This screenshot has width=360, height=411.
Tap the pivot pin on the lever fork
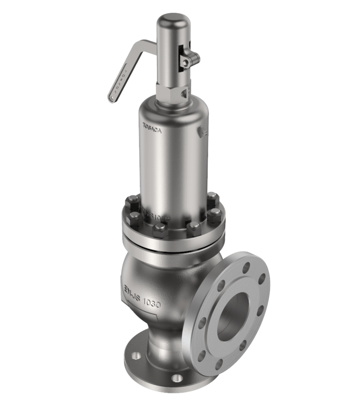(185, 61)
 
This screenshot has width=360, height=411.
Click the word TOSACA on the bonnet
(152, 126)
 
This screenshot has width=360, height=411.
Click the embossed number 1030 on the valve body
(150, 303)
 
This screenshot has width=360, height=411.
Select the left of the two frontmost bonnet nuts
(160, 230)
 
